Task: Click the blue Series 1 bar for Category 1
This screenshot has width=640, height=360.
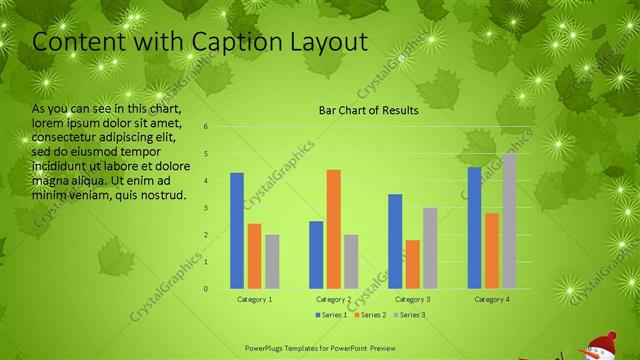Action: [237, 230]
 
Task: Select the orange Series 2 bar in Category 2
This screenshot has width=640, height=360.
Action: [334, 229]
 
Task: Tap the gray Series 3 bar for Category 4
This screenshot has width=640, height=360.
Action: [509, 221]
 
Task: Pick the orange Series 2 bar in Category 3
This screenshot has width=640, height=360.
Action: [413, 264]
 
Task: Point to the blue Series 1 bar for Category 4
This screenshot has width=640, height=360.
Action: [474, 228]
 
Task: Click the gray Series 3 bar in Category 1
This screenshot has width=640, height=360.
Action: [272, 261]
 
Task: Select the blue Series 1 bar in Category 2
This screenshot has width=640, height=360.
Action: [316, 254]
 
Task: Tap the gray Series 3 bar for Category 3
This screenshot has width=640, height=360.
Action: [430, 248]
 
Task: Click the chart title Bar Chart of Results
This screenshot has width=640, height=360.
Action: [368, 110]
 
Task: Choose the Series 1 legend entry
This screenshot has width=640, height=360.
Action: [333, 315]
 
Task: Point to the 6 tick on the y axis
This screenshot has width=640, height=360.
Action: [205, 127]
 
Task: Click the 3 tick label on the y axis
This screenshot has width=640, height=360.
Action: [205, 208]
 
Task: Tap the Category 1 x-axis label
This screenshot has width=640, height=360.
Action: [254, 299]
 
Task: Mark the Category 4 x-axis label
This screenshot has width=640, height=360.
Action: [491, 299]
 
